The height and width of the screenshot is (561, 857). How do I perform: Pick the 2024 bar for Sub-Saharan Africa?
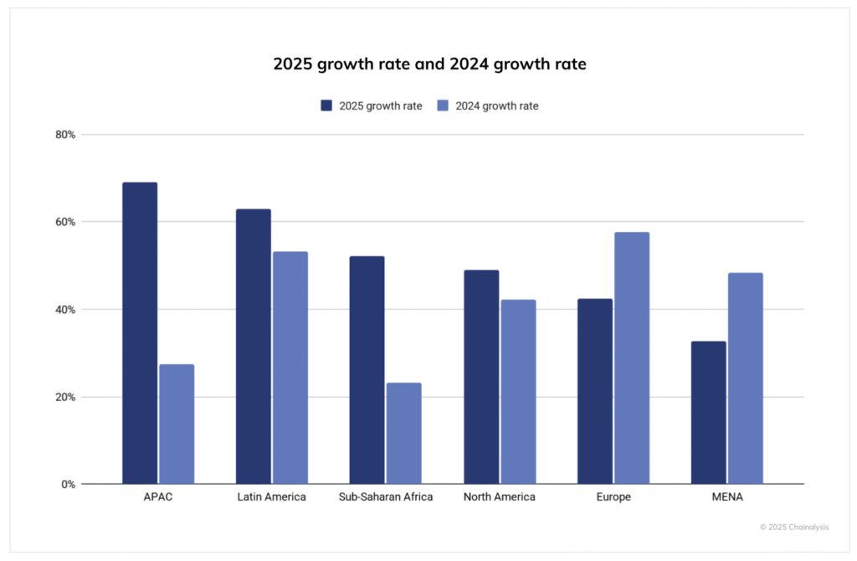click(403, 433)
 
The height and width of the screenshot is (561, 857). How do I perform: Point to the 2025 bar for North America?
click(480, 377)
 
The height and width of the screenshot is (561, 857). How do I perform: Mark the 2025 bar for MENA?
click(708, 412)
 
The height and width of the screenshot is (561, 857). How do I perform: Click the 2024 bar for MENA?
click(745, 378)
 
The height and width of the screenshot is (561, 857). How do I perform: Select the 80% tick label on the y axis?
click(65, 135)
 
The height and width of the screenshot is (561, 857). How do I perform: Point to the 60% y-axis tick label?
click(65, 222)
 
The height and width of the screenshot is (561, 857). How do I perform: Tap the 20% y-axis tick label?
click(65, 397)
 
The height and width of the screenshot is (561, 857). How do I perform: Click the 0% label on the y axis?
click(68, 484)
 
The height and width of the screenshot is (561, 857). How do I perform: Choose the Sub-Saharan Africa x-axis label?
click(386, 497)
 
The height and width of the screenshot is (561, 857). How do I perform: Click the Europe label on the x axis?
click(613, 497)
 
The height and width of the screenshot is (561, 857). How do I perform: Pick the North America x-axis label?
click(499, 497)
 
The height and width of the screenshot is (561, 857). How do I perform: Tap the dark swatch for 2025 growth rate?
click(327, 106)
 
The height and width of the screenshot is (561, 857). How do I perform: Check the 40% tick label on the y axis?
click(65, 310)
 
